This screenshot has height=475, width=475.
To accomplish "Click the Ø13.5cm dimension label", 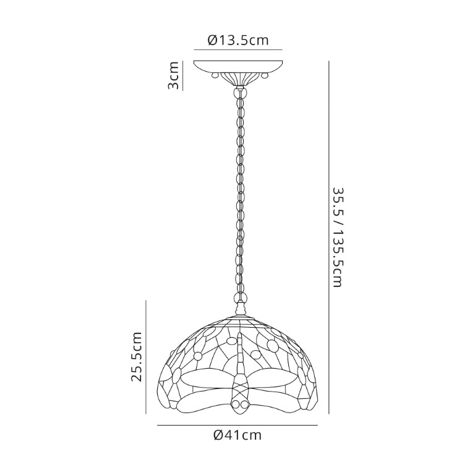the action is click(x=238, y=40).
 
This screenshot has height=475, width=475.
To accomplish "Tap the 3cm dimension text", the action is click(x=174, y=75).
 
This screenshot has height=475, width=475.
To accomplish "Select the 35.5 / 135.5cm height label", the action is click(x=337, y=237).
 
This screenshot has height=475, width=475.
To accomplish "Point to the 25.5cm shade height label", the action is click(x=136, y=356).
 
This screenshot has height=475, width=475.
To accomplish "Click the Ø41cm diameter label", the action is click(x=237, y=435).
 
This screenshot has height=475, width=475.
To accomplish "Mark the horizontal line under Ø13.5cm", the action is click(x=238, y=49).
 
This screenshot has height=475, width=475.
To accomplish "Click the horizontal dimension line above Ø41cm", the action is click(x=237, y=426).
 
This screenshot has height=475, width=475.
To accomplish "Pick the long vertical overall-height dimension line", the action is click(x=329, y=237).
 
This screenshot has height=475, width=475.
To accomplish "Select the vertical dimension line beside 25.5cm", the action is click(x=146, y=357).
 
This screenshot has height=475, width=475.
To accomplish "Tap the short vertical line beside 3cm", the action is click(x=183, y=75).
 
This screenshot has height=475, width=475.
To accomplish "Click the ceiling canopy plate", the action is click(x=238, y=67).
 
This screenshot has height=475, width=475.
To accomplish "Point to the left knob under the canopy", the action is click(x=215, y=75).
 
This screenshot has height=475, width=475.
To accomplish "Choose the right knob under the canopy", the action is click(x=265, y=75).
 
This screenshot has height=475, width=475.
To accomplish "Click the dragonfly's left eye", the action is click(x=236, y=404).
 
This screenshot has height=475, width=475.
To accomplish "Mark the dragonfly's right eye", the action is click(x=243, y=404).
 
